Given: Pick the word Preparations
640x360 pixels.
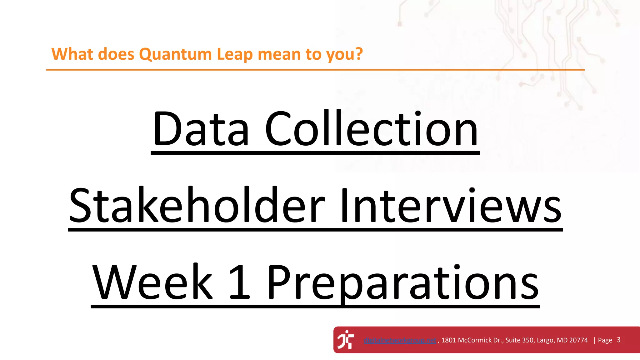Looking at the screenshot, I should pos(403,283).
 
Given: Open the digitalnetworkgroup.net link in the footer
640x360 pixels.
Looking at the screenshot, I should pos(400,340).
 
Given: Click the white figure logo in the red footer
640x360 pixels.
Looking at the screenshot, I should pos(346,339).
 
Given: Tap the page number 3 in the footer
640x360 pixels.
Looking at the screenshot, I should pos(619,340).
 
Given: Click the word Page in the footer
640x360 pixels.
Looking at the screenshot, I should pos(605,340).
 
